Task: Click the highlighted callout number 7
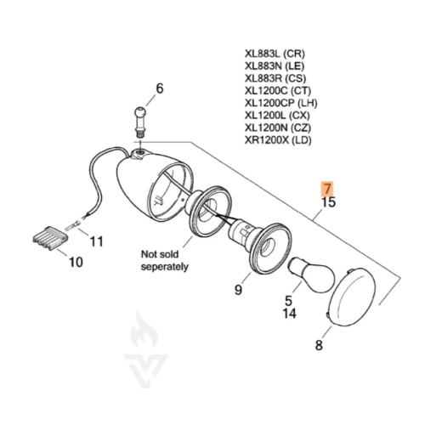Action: [x=327, y=189]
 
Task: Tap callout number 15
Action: [x=329, y=202]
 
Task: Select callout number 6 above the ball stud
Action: [x=160, y=88]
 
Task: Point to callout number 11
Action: [x=96, y=241]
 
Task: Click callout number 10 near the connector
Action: [x=76, y=262]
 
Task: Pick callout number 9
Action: [x=239, y=289]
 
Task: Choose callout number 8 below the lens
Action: [x=319, y=345]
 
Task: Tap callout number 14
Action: [x=289, y=314]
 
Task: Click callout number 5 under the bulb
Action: [x=288, y=300]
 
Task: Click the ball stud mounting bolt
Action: [x=140, y=122]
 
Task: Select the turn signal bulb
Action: [x=311, y=275]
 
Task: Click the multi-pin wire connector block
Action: [x=50, y=238]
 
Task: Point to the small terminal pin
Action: [x=72, y=226]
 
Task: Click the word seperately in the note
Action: [x=165, y=267]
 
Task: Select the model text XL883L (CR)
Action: [x=275, y=54]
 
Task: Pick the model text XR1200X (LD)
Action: [x=278, y=140]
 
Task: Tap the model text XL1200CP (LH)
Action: [x=280, y=103]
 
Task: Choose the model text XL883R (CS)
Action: [x=275, y=78]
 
